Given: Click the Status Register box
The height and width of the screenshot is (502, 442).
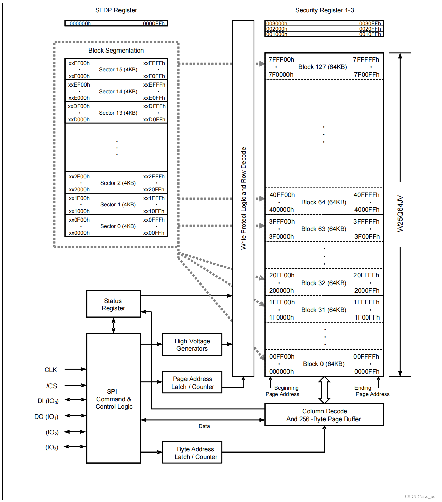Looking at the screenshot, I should coord(113,304).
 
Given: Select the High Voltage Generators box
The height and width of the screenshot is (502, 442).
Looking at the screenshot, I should coord(192,345).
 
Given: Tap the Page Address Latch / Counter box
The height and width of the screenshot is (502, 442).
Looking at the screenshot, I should coord(192,383).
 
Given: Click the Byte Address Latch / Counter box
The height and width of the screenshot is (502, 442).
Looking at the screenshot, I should coord(192,453).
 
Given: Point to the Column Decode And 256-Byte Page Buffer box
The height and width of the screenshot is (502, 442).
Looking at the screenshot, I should coord(324,415).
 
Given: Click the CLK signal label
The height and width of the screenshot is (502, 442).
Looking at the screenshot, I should coord(51,370).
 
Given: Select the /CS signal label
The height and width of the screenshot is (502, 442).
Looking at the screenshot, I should coord(52,386).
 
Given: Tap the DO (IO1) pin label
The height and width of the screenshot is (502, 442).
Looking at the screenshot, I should coord(46,417).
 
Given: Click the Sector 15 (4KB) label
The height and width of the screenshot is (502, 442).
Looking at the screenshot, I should coord(118,70).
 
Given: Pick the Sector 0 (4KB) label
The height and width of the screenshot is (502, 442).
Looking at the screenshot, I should coord(118,226).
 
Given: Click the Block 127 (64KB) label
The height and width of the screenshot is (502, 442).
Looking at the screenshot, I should coord(322,67).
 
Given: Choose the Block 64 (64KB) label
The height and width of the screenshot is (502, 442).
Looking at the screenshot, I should coord(324,202).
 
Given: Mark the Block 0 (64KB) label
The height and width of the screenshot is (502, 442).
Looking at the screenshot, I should coord(324,364).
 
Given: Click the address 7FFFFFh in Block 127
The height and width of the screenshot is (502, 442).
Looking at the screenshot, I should coord(366,60).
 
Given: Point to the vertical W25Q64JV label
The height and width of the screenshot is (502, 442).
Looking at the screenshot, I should coord(400,214).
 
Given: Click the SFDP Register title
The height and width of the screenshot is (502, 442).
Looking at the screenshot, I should coord(116,10).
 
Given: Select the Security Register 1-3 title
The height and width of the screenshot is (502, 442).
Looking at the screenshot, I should coord(325,10).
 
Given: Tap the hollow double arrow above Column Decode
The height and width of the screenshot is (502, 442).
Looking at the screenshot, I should coord(324,390).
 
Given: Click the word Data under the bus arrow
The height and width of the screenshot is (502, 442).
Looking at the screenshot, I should coord(204,426).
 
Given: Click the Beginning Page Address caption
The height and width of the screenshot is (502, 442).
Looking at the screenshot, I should coord(283,391).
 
